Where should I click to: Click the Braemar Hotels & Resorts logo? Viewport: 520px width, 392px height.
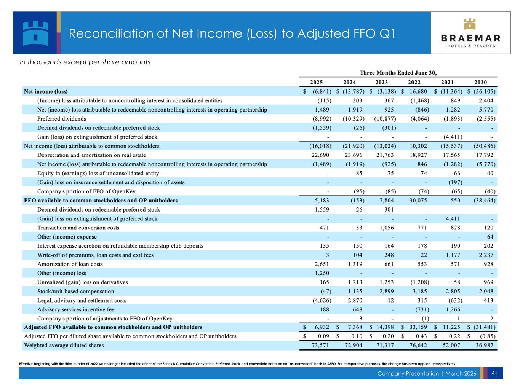(470, 33)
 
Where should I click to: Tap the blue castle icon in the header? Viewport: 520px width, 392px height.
(35, 33)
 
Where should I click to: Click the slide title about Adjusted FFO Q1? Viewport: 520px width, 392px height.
(232, 33)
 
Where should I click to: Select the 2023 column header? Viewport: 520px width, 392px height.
(382, 82)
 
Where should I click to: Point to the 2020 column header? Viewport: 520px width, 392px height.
(480, 82)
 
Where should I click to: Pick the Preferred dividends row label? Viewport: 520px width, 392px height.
(62, 119)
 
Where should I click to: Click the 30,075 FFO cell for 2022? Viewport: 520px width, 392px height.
(418, 201)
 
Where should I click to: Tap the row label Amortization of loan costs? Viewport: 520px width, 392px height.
(70, 264)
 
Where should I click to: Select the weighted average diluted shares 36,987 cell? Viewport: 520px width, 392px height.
(483, 346)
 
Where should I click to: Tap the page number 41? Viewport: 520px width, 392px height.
(495, 373)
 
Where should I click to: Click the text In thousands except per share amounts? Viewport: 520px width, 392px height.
(85, 62)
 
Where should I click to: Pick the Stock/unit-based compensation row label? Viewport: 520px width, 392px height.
(75, 292)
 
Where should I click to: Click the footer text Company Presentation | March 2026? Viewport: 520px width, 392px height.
(427, 374)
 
